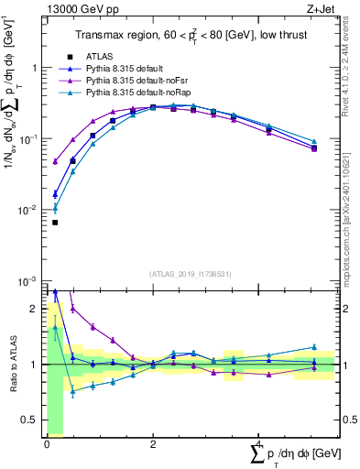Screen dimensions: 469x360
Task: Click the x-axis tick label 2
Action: [152, 444]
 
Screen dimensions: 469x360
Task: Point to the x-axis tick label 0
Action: [47, 444]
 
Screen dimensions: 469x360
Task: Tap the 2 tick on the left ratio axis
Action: [36, 309]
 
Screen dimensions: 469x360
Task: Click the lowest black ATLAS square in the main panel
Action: [55, 223]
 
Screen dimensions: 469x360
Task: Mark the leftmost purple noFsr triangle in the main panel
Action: [55, 162]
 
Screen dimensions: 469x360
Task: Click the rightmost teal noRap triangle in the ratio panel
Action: [314, 347]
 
